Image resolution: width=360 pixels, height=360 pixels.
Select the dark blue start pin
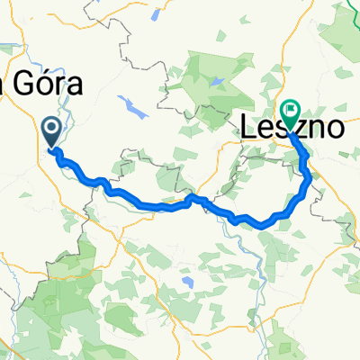click(x=52, y=133)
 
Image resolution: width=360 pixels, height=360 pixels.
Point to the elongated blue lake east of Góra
click(x=132, y=109)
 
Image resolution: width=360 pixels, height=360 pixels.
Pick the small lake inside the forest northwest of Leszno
click(x=218, y=81)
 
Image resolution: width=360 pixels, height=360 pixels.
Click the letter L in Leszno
click(x=248, y=129)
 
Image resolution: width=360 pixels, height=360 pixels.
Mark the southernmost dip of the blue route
click(x=263, y=224)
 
